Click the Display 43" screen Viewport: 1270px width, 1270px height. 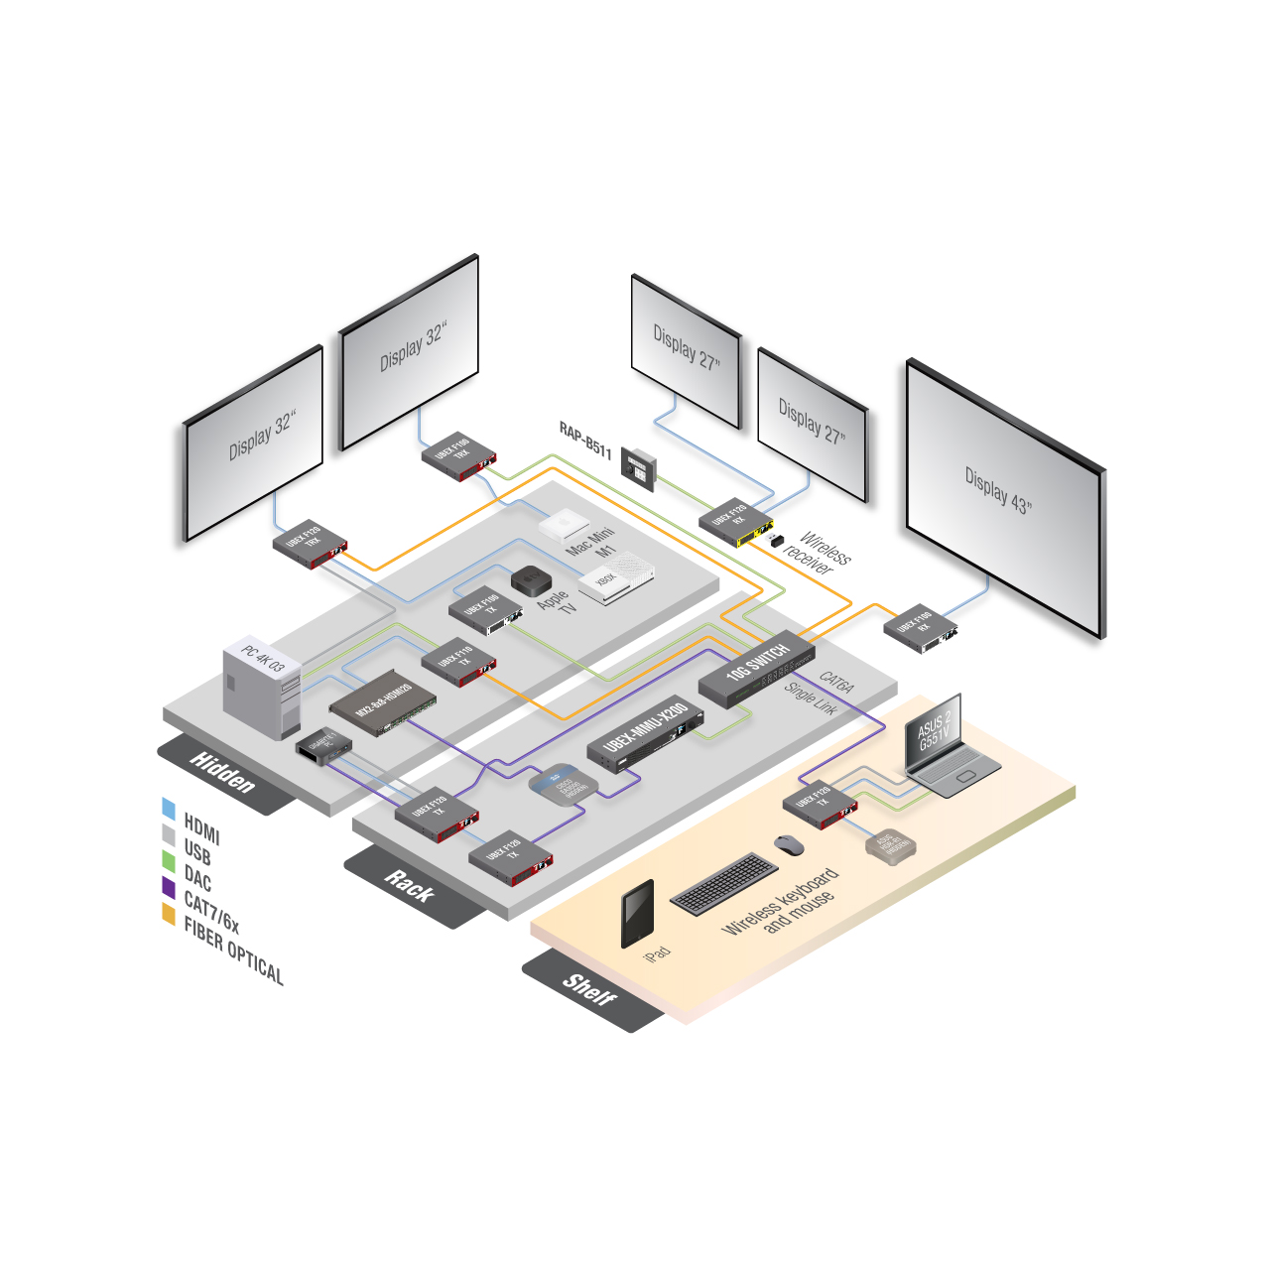pyautogui.click(x=1004, y=496)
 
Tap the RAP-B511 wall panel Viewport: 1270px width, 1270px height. pyautogui.click(x=638, y=466)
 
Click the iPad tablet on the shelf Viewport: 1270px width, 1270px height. pyautogui.click(x=637, y=914)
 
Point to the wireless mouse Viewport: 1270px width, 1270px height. pyautogui.click(x=789, y=845)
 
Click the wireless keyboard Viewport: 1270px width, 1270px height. pyautogui.click(x=724, y=884)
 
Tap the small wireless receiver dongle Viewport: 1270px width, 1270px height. pyautogui.click(x=776, y=541)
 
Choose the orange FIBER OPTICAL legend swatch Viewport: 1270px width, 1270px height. pyautogui.click(x=169, y=914)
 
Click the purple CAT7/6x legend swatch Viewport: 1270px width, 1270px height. pyautogui.click(x=169, y=887)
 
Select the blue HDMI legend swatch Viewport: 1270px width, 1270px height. pyautogui.click(x=169, y=809)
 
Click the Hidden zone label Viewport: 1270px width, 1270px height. pyautogui.click(x=223, y=773)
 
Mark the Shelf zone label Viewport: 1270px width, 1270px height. pyautogui.click(x=589, y=989)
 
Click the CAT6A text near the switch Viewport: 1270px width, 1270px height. pyautogui.click(x=836, y=682)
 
